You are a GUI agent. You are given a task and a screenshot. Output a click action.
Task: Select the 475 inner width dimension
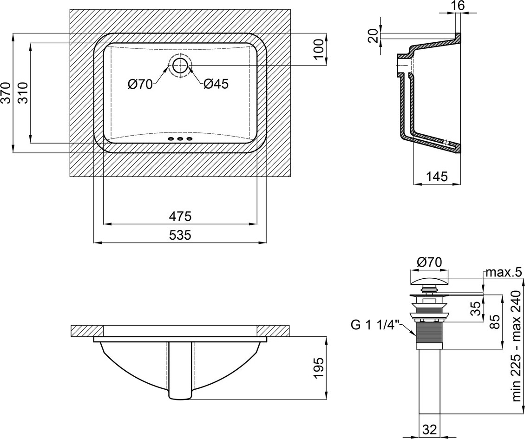tap(180, 216)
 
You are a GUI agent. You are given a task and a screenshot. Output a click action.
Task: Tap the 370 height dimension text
tap(7, 93)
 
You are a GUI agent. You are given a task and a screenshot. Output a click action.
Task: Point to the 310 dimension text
tap(23, 93)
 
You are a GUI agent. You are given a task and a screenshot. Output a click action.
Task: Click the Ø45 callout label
tap(216, 84)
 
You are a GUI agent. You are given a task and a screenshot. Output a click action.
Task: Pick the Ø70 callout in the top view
tap(140, 84)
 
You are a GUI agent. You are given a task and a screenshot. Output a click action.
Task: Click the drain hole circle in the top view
tap(180, 66)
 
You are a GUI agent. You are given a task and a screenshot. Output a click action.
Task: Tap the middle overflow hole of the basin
tap(180, 138)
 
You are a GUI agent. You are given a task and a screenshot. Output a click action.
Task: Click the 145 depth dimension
tap(437, 177)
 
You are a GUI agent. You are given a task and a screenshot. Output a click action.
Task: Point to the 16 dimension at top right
tap(458, 6)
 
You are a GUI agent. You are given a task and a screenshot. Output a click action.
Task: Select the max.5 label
tap(503, 273)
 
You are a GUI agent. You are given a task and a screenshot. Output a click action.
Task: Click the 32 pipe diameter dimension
tap(429, 429)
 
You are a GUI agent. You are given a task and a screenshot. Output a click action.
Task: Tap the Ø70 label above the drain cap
tap(430, 262)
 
